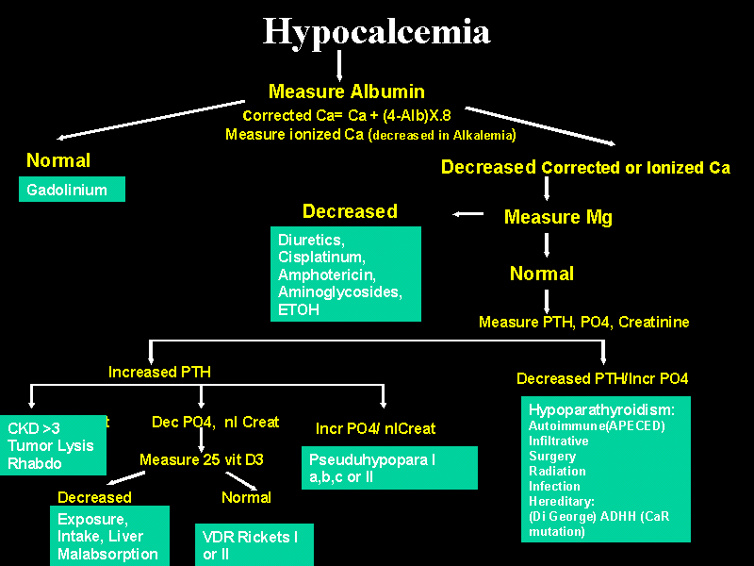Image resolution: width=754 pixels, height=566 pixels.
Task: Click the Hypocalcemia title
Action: [376, 32]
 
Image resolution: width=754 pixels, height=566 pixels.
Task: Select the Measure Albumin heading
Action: [346, 92]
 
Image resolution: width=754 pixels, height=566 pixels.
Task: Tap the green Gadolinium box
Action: [72, 190]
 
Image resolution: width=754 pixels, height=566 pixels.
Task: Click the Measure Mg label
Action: [558, 217]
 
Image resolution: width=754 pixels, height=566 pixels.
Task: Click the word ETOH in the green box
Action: [298, 309]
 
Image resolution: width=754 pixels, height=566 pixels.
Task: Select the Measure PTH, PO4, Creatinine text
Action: [583, 323]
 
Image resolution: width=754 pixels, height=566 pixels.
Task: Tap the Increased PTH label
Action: [159, 372]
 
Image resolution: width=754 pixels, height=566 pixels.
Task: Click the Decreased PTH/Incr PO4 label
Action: [602, 378]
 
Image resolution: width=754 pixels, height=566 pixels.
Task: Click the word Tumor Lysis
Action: [51, 445]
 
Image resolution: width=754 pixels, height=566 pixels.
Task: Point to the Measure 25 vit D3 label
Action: [202, 459]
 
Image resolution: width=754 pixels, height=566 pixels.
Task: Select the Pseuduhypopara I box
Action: [388, 467]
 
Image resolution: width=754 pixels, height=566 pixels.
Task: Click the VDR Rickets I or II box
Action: [253, 545]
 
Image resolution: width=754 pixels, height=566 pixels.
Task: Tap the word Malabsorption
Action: [107, 554]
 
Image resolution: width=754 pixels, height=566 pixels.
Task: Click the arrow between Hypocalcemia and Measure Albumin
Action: [339, 66]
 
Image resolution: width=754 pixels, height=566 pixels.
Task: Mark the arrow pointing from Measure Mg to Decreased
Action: [467, 214]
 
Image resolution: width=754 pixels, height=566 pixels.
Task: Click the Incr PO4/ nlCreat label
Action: [375, 428]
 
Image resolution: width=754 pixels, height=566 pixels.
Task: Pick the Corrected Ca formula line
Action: [347, 116]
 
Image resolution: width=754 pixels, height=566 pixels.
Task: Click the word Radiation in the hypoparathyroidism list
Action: [557, 471]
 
